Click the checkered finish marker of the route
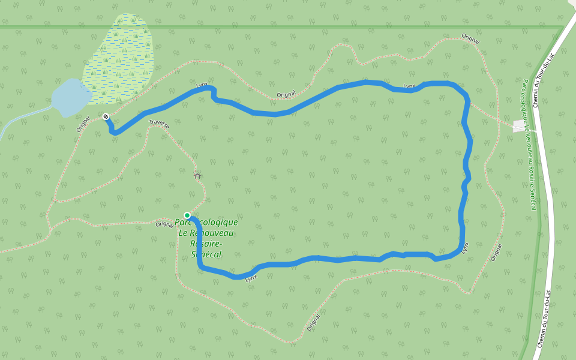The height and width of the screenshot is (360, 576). click(x=106, y=116)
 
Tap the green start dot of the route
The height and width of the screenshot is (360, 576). click(x=187, y=215)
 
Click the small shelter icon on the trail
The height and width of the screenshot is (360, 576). click(x=198, y=176)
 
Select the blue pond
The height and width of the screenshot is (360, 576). click(x=70, y=97)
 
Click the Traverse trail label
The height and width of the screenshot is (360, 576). click(x=159, y=124)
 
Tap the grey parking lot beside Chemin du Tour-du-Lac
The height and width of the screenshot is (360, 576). click(x=519, y=126)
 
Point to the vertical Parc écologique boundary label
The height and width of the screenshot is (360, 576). click(x=529, y=144)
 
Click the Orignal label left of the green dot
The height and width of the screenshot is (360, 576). click(x=164, y=224)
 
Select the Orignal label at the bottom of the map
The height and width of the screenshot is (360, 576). click(x=314, y=323)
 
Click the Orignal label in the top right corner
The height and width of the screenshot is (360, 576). click(x=471, y=40)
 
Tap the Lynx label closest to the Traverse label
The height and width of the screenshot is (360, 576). click(x=202, y=85)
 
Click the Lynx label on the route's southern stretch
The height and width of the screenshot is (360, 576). click(x=251, y=277)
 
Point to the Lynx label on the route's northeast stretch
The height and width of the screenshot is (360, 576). click(x=410, y=86)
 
